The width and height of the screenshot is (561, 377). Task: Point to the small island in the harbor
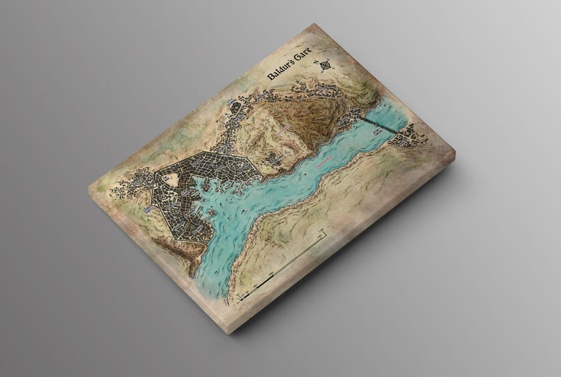pyautogui.click(x=213, y=210)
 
